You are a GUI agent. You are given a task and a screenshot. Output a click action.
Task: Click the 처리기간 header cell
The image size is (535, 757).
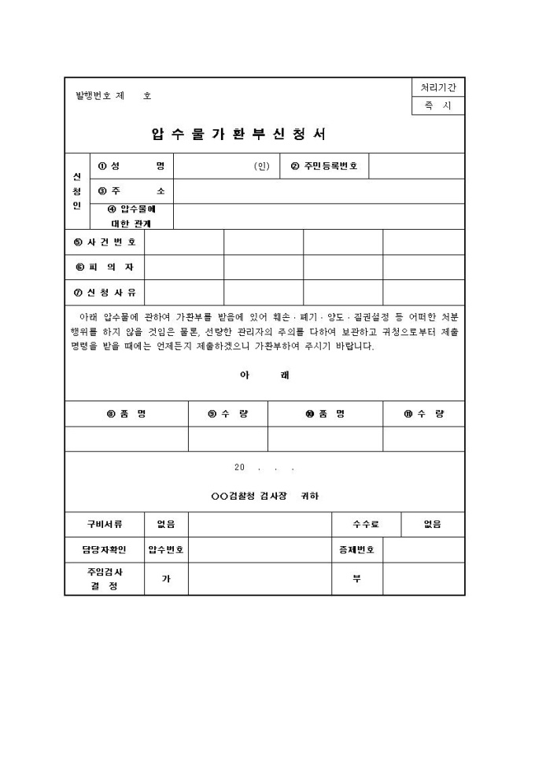tap(438, 87)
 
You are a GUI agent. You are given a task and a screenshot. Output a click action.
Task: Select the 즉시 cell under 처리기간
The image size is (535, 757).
tap(438, 106)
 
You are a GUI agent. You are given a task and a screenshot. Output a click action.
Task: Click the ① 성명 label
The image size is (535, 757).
tap(132, 166)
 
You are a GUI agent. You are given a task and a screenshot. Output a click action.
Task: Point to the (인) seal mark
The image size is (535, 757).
tap(261, 166)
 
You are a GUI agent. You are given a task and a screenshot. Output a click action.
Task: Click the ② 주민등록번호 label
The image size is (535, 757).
tap(324, 166)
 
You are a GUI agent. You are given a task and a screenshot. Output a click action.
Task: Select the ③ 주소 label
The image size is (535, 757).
tap(132, 190)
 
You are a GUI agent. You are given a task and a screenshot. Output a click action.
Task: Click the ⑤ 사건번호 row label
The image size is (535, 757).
tap(105, 242)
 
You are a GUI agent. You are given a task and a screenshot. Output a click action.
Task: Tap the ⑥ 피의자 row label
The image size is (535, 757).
tap(105, 267)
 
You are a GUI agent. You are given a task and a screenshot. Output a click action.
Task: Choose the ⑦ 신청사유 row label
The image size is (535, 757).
tap(105, 292)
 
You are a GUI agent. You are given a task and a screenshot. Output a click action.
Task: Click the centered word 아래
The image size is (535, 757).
tap(264, 375)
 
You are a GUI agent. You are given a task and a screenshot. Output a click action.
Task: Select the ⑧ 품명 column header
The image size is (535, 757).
tap(126, 414)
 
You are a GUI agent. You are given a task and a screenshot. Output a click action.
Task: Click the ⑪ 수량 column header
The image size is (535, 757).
tap(423, 414)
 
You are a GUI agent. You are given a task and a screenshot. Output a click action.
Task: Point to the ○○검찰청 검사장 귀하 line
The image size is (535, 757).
tap(265, 496)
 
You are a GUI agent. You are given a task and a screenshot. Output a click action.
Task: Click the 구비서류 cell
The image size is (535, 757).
tap(105, 524)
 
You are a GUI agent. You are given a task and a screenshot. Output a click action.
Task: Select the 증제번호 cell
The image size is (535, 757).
tap(356, 549)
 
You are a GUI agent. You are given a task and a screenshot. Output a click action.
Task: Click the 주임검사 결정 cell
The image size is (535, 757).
tap(105, 579)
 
